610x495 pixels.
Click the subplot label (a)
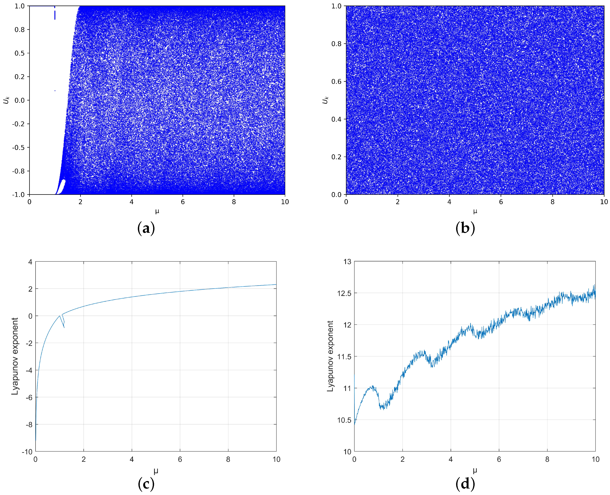click(x=146, y=228)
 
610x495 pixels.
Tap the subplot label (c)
click(x=146, y=484)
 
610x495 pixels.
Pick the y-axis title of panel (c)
click(x=15, y=356)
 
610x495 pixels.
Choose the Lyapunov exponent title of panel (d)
click(x=330, y=356)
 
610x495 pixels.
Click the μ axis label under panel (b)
click(x=475, y=211)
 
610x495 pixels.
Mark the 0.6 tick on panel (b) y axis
click(x=336, y=82)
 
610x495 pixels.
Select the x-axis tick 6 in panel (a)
click(x=183, y=202)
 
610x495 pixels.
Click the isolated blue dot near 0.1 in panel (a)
click(x=55, y=91)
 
